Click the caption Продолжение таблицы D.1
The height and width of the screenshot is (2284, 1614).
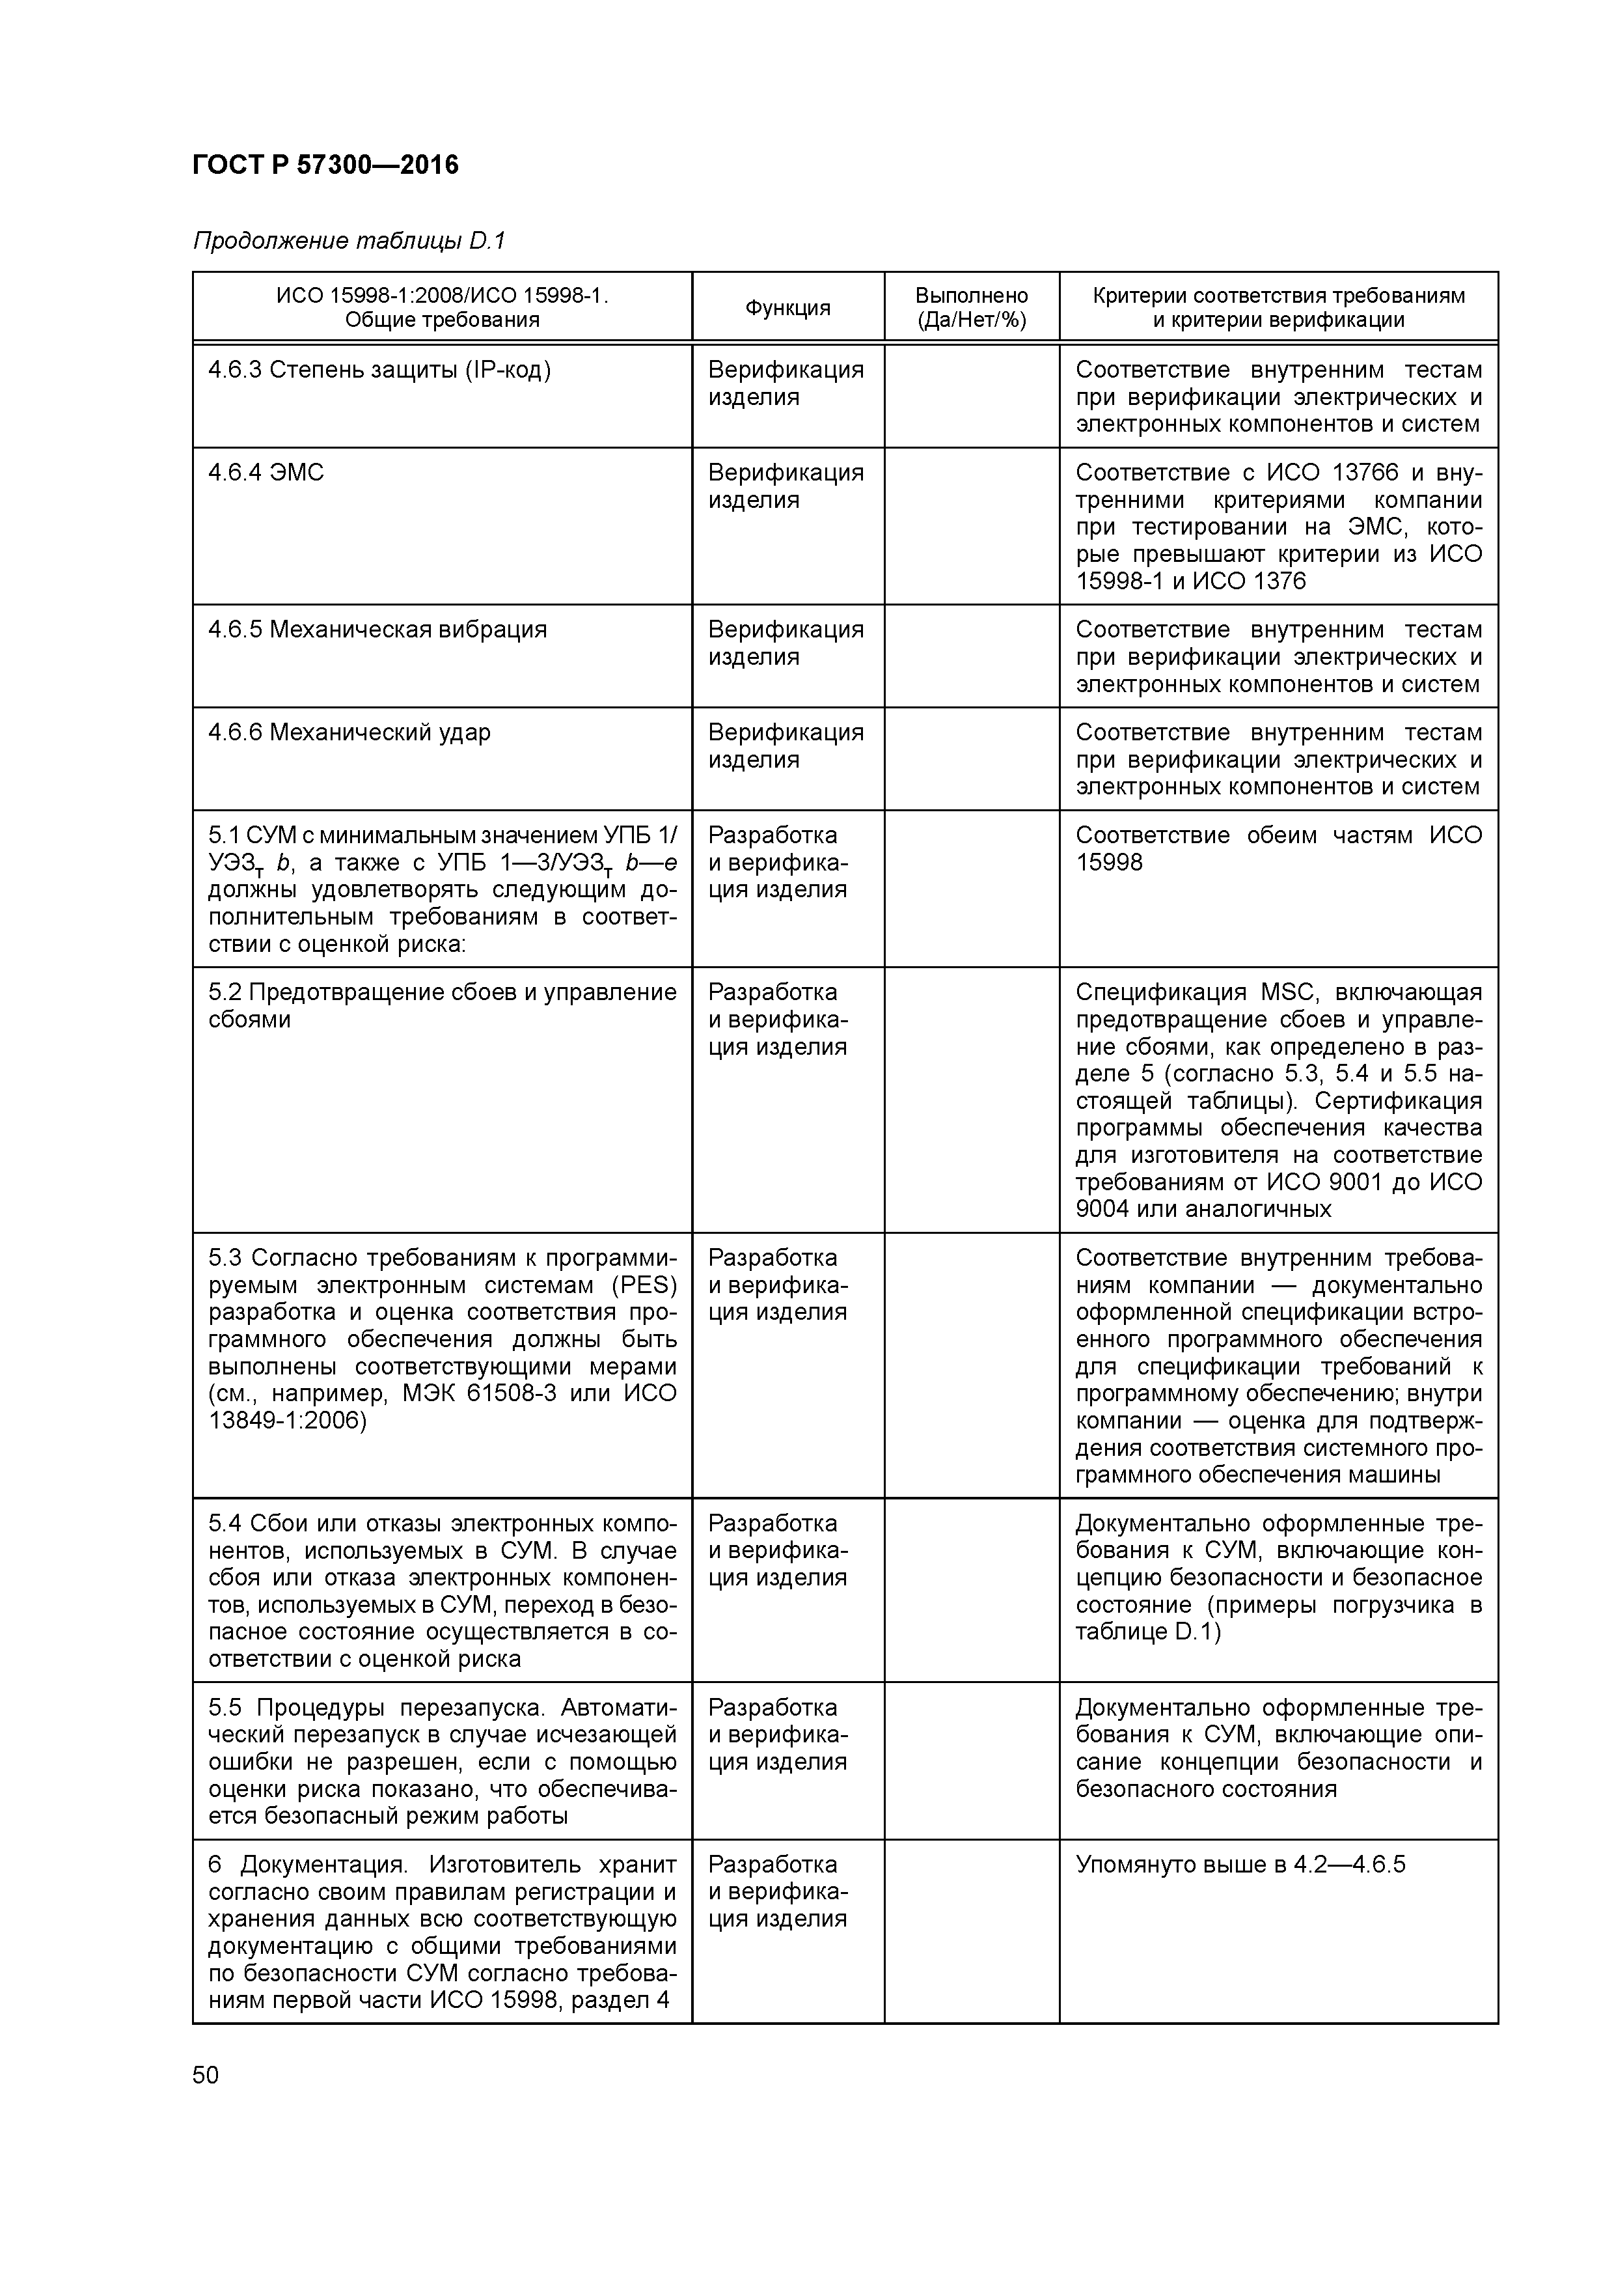tap(349, 241)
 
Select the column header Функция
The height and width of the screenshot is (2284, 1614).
tap(787, 307)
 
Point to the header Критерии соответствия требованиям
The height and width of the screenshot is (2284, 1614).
tap(1278, 296)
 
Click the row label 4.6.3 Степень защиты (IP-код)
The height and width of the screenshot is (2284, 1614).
tap(379, 370)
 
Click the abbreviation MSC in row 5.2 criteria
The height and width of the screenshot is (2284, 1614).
tap(1291, 992)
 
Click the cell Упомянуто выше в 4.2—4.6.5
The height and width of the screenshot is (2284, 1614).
tap(1240, 1864)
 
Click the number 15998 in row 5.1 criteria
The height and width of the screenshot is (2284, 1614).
tap(1109, 863)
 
